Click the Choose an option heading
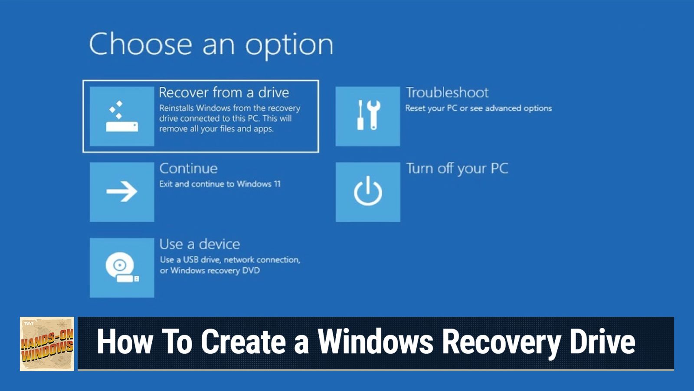[211, 44]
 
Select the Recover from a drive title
[224, 93]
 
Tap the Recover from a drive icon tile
[122, 116]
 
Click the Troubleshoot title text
[447, 93]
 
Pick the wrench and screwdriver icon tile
[368, 116]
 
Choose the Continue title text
[188, 169]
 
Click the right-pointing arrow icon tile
[122, 192]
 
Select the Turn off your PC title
[457, 169]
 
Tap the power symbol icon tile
[368, 192]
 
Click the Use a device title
[200, 244]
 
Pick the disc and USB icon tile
[122, 268]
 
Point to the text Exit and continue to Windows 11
[220, 184]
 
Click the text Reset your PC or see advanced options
[478, 108]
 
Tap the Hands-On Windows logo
[47, 344]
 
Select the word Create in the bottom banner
[243, 342]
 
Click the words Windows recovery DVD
[215, 271]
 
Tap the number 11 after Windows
[277, 184]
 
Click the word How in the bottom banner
[125, 342]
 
